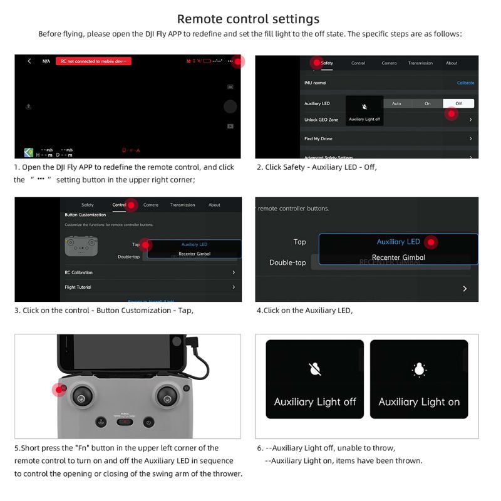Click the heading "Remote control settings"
coord(248,19)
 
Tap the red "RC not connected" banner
coord(93,61)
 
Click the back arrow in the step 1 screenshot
coord(29,61)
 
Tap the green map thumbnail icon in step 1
coord(29,152)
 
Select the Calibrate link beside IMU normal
coord(465,83)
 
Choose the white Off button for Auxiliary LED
coord(458,103)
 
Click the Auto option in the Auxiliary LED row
coord(396,103)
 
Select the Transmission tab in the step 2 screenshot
coord(420,63)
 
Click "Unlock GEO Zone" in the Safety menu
coord(321,120)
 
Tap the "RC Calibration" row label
coord(78,272)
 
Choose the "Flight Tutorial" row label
coord(78,287)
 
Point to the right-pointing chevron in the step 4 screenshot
coord(465,289)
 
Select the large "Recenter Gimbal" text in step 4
coord(398,257)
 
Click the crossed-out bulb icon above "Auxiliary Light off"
coord(315,369)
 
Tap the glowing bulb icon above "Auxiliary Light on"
coord(419,369)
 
